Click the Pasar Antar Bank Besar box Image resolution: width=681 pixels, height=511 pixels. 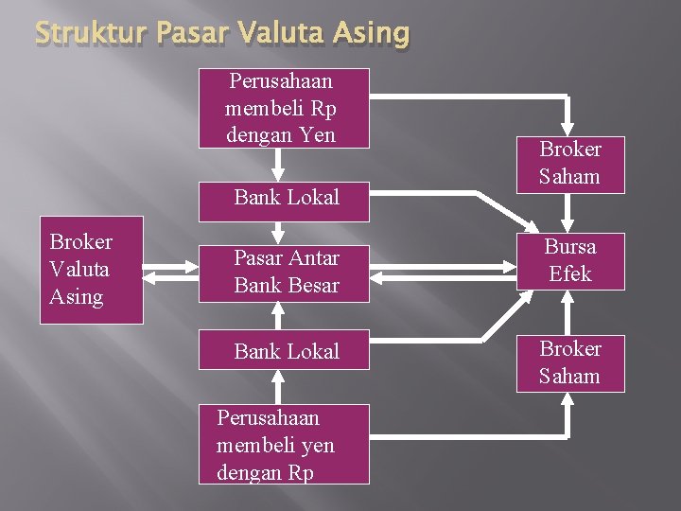coord(284,271)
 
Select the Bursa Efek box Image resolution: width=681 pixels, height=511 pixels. coord(569,260)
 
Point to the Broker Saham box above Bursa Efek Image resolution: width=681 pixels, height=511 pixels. coord(569,162)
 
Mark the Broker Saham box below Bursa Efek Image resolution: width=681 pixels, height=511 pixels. coord(569,362)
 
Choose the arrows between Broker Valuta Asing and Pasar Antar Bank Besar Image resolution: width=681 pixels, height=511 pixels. coord(170,273)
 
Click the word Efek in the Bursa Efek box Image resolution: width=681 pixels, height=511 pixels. coord(570,273)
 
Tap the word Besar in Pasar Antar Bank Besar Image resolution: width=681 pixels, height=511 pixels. coord(313,285)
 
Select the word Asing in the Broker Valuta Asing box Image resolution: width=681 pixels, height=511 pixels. coord(77,296)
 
